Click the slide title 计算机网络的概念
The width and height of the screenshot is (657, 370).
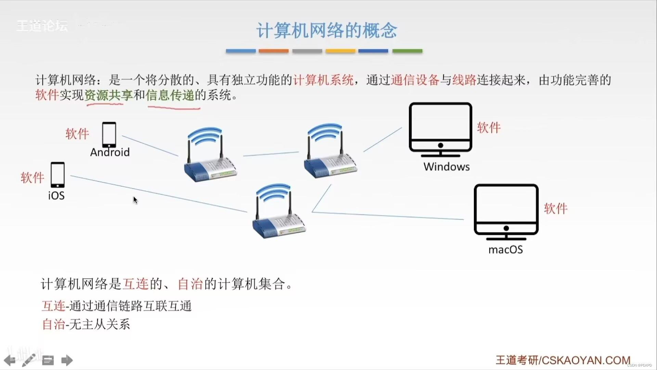(x=327, y=30)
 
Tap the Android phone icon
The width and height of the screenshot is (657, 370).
(x=109, y=135)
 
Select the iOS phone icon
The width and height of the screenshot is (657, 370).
(x=57, y=175)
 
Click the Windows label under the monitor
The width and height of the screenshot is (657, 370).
(x=447, y=167)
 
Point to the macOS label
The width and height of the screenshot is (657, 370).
(x=505, y=250)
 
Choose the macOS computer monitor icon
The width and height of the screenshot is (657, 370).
(x=506, y=210)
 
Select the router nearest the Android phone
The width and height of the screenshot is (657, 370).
(x=209, y=156)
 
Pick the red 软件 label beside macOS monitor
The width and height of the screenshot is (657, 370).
(x=556, y=209)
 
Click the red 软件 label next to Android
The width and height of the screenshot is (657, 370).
(x=77, y=134)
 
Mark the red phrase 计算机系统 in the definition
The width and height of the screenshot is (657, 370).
(x=323, y=80)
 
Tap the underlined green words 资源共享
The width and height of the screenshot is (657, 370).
(x=108, y=95)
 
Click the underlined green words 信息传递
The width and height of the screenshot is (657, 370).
(x=170, y=95)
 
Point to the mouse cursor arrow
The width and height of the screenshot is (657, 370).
(x=135, y=200)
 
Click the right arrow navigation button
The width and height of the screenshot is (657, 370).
(x=67, y=360)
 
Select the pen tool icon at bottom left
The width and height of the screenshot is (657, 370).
(x=29, y=360)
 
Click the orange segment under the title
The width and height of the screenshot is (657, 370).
(x=273, y=51)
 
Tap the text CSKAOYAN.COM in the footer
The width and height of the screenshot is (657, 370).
(x=586, y=360)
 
